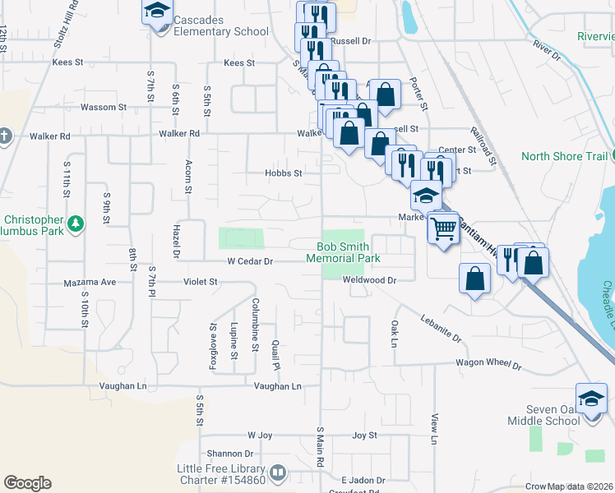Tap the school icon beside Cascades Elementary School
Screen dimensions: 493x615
point(156,12)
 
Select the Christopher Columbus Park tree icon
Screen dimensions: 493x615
point(76,223)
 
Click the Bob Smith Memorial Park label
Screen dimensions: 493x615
point(343,252)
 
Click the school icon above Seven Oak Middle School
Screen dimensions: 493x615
point(591,399)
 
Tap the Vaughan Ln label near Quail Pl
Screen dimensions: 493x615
point(277,386)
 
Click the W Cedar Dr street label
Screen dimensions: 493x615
point(238,261)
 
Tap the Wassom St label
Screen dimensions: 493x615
point(104,108)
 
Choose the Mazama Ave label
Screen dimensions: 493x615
point(90,282)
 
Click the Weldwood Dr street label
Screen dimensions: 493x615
point(370,280)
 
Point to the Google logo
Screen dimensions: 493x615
point(27,483)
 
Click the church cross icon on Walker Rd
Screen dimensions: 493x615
point(4,136)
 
